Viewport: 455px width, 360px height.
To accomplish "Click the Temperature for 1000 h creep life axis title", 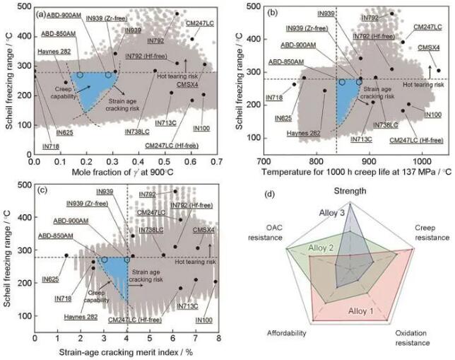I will pyautogui.click(x=353, y=172).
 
